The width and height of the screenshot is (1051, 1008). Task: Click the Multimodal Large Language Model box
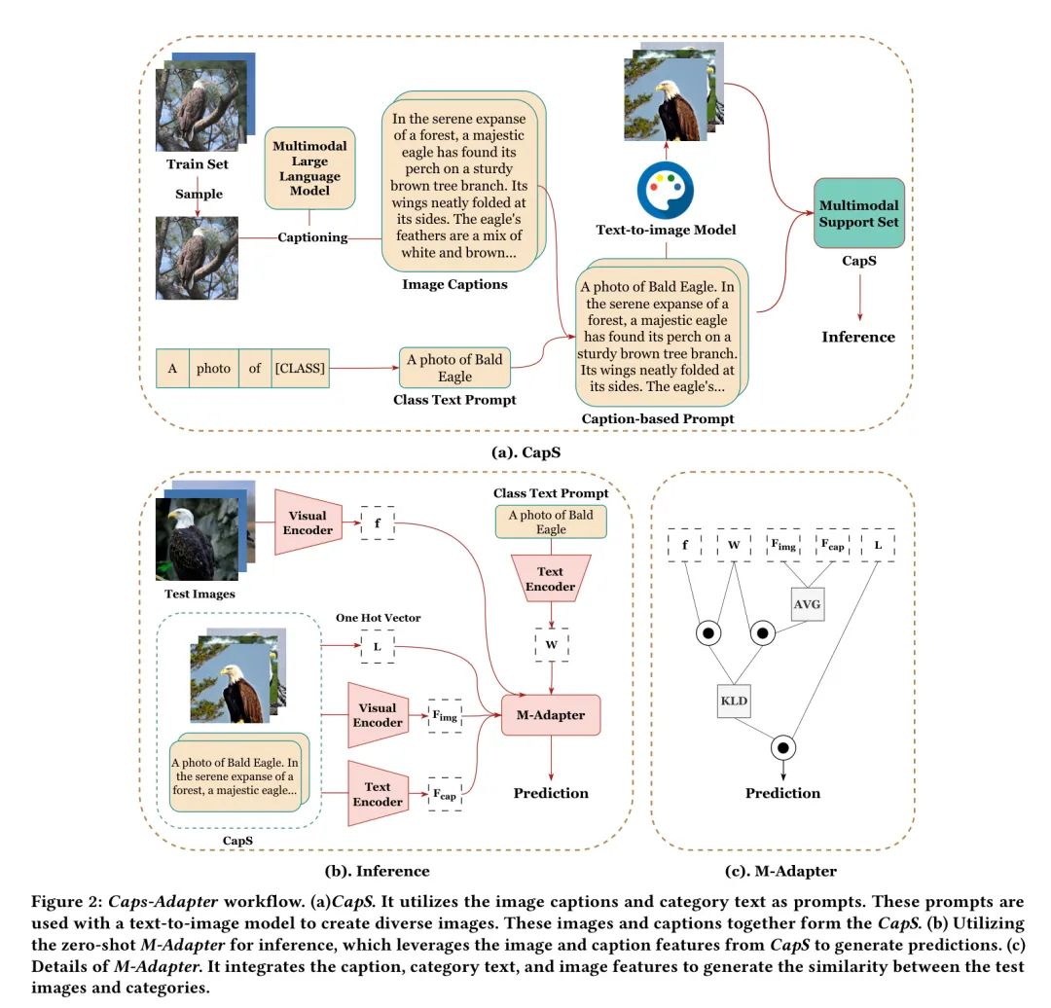(x=309, y=168)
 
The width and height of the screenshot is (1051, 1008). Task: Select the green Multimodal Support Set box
(x=858, y=213)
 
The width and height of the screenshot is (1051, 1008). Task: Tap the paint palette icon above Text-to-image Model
(x=665, y=191)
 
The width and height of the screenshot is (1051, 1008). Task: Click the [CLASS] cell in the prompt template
(x=301, y=368)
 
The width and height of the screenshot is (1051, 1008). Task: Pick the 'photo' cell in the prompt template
(x=213, y=368)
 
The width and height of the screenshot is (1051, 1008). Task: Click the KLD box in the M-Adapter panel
(x=734, y=702)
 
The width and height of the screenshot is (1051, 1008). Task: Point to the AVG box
(x=807, y=604)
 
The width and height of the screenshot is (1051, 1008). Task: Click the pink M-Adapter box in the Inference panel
(x=551, y=715)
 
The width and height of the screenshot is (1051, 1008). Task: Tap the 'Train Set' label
(x=197, y=164)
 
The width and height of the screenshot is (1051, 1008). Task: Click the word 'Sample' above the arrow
(x=199, y=194)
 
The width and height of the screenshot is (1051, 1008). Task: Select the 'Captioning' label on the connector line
(x=312, y=237)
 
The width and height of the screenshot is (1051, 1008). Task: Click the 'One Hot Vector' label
(x=378, y=618)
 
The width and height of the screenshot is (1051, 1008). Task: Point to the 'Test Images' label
(x=199, y=594)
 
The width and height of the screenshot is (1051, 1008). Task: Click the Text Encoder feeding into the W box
(x=550, y=579)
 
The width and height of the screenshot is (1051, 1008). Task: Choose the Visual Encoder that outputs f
(x=308, y=522)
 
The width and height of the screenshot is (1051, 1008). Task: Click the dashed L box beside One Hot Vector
(x=378, y=647)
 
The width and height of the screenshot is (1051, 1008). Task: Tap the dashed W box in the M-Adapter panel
(x=734, y=545)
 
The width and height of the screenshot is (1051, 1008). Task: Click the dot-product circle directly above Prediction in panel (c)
(x=782, y=747)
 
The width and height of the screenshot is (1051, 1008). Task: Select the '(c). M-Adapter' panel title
(x=780, y=871)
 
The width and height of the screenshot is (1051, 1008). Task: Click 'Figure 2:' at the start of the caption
(x=67, y=901)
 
